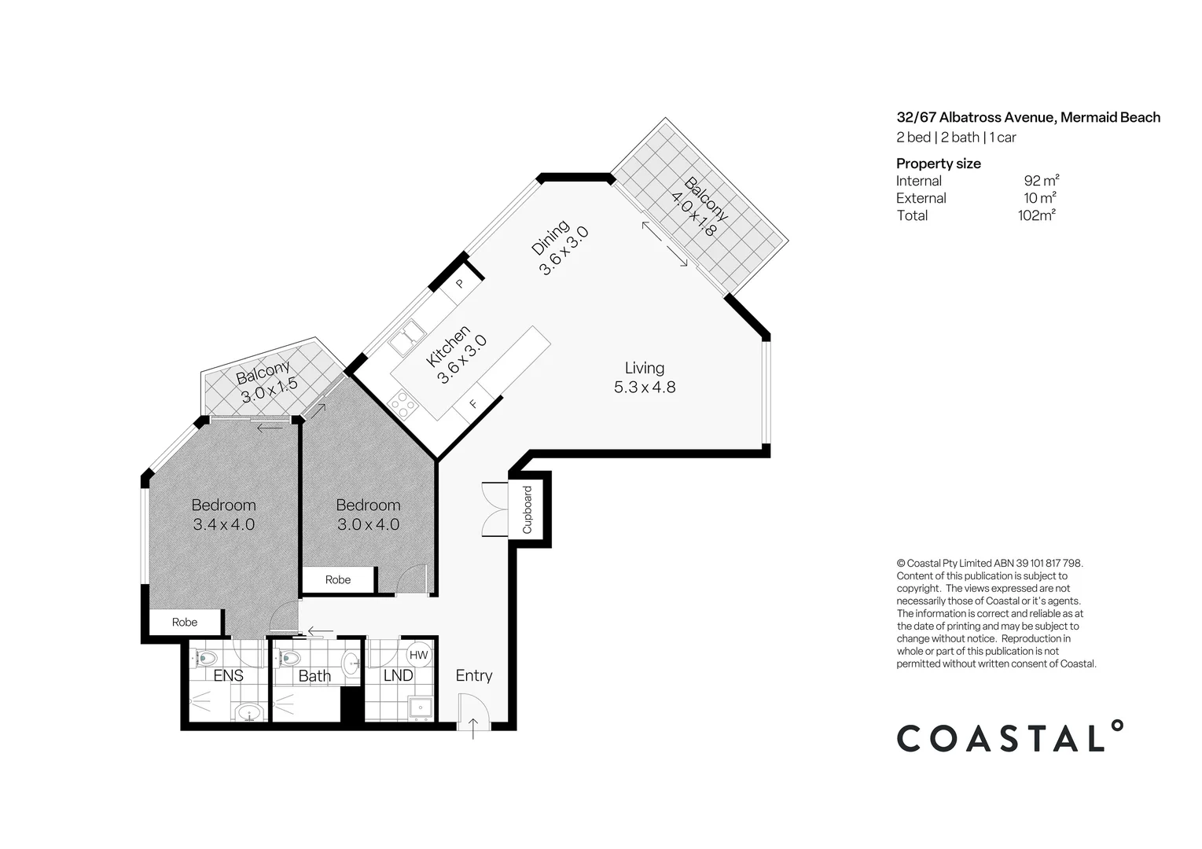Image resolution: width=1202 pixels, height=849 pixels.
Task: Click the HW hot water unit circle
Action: tap(418, 655)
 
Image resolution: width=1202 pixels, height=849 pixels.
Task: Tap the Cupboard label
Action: tap(527, 509)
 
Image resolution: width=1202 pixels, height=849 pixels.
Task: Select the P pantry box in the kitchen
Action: tap(460, 284)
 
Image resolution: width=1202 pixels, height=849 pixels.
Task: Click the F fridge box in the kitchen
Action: tap(473, 404)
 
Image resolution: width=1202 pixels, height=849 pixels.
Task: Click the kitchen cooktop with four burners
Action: tap(403, 405)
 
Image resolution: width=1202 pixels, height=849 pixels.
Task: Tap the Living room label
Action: tap(644, 368)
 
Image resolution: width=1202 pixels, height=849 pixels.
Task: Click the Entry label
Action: tap(474, 675)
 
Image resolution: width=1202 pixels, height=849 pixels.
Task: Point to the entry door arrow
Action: tap(473, 729)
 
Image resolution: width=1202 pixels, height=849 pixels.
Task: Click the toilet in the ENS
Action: tap(207, 657)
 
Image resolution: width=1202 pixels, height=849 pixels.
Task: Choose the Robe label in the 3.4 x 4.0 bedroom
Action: tap(185, 622)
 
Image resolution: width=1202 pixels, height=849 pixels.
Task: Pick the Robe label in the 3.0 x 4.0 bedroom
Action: tap(338, 579)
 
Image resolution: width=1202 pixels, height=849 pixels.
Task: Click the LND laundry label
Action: tap(398, 675)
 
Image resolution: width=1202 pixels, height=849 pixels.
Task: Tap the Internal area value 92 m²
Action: tap(1041, 181)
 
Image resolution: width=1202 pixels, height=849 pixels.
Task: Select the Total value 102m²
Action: tap(1036, 215)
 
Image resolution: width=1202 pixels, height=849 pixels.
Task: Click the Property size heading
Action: tap(939, 164)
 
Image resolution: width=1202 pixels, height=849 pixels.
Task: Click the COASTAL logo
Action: tap(1010, 737)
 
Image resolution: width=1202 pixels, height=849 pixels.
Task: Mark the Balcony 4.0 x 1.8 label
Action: tap(699, 207)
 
